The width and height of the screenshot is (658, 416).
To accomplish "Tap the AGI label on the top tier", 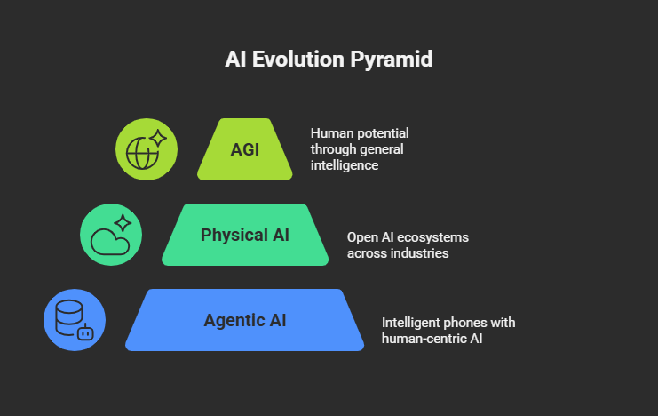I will tap(245, 148).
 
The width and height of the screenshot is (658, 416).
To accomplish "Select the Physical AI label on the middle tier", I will tap(245, 235).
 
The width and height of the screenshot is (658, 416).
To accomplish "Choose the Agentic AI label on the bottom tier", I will tap(245, 320).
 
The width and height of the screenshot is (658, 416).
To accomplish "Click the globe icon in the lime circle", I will tap(142, 153).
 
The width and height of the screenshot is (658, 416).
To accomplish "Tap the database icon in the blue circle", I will tap(69, 316).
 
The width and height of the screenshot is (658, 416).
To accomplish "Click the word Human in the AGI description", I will tap(330, 133).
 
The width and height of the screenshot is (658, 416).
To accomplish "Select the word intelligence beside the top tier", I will tap(345, 165).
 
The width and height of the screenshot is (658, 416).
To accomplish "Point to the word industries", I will tap(418, 253).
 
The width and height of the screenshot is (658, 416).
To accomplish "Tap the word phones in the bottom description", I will tap(470, 322).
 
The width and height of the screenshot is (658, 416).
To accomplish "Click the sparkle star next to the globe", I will tap(158, 138).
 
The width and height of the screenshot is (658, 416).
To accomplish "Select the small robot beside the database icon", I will tap(85, 333).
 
